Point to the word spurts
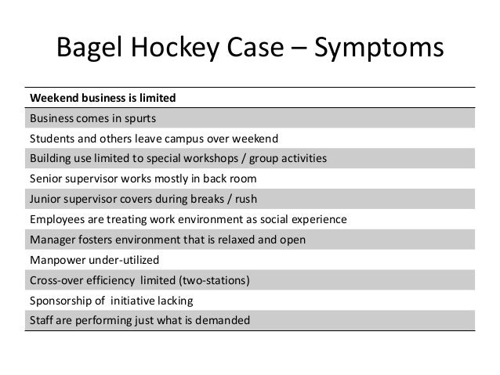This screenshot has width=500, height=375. pyautogui.click(x=139, y=119)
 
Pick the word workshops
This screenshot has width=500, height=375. pyautogui.click(x=216, y=159)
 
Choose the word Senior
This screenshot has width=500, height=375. pyautogui.click(x=47, y=179)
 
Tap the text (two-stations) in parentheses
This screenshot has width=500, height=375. pyautogui.click(x=212, y=279)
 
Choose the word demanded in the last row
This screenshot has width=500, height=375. pyautogui.click(x=224, y=319)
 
